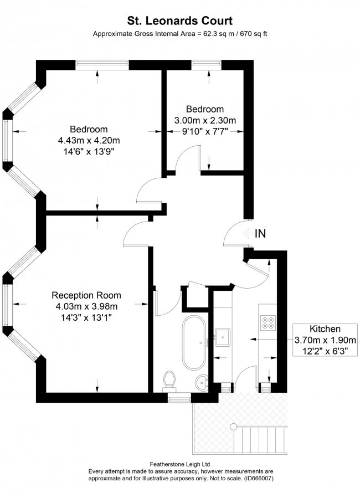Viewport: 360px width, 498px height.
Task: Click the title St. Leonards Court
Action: point(179,21)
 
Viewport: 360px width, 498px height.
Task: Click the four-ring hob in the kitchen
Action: point(268,322)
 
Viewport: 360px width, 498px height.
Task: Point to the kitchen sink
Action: point(224,336)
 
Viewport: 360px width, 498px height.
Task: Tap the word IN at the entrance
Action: point(260,234)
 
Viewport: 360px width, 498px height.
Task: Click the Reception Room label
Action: point(86,295)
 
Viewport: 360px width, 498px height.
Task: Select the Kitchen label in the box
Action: point(325,328)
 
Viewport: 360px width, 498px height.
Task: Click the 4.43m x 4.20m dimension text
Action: point(89,140)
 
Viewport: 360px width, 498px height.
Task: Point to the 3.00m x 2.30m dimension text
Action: point(205,120)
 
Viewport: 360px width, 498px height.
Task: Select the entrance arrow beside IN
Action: point(246,234)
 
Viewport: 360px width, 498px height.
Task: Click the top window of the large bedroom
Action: point(99,65)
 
